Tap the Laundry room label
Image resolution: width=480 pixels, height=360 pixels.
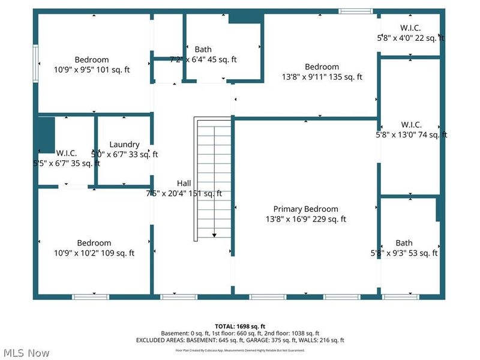(x=124, y=145)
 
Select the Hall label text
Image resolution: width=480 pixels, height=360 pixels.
(x=184, y=183)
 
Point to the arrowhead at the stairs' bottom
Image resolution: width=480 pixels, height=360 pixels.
(x=214, y=235)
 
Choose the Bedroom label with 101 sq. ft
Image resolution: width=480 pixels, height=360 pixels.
(x=92, y=59)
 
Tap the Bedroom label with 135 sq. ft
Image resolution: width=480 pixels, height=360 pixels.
(x=322, y=67)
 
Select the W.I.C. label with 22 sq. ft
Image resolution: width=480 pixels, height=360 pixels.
(x=410, y=28)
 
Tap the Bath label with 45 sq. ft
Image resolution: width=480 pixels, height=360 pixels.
(x=203, y=49)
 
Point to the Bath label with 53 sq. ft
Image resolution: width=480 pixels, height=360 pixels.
(x=404, y=243)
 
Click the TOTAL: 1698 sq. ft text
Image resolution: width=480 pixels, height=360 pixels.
(x=240, y=326)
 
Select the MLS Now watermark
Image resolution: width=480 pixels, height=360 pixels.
(x=25, y=353)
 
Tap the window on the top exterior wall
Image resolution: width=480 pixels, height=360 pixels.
(x=355, y=11)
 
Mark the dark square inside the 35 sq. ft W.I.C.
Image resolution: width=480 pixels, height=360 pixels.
(x=46, y=135)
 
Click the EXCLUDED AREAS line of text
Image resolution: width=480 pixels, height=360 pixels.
(x=240, y=340)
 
